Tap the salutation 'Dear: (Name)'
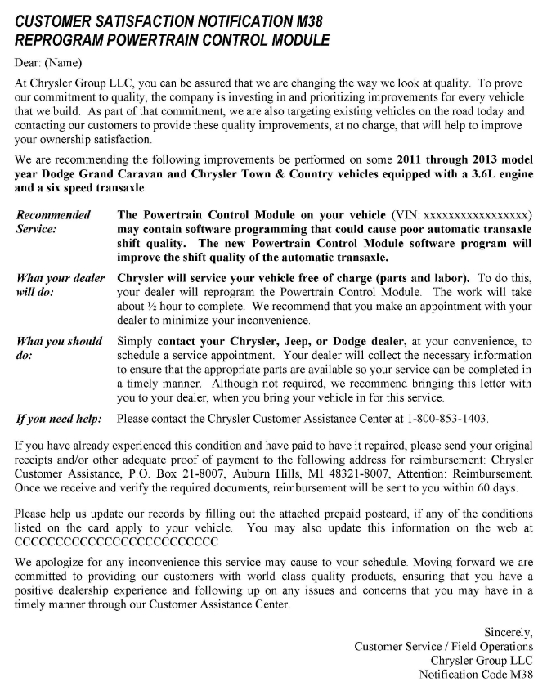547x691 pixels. point(47,62)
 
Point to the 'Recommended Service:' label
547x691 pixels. point(54,222)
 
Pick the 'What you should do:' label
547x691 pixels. point(59,349)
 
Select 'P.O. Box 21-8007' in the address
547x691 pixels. point(173,473)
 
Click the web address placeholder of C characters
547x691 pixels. point(117,541)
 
